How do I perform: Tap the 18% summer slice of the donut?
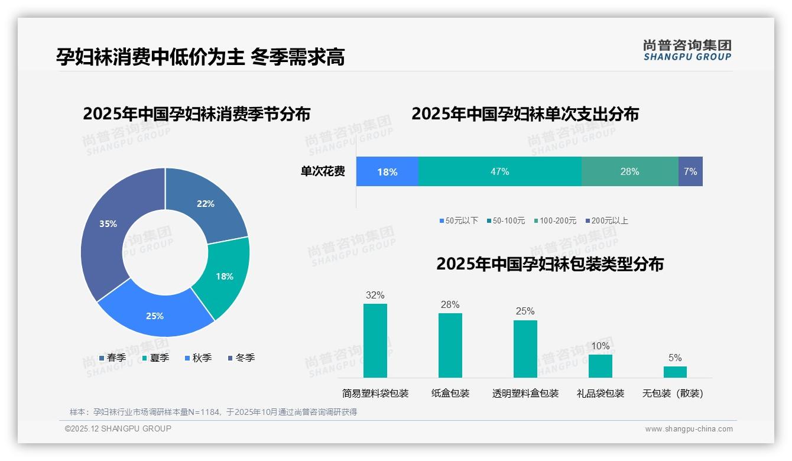click(223, 277)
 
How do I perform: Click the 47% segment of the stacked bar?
click(499, 171)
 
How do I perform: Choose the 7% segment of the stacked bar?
click(690, 171)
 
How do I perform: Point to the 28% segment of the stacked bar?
click(629, 171)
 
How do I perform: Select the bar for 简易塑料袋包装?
click(375, 340)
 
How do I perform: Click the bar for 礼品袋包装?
click(601, 366)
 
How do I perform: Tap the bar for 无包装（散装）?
click(675, 372)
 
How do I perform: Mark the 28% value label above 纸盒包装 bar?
click(450, 304)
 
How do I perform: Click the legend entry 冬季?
click(242, 358)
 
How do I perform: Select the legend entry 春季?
click(113, 358)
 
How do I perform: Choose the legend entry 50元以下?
click(459, 220)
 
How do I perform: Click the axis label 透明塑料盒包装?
click(525, 393)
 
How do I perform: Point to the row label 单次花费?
click(323, 171)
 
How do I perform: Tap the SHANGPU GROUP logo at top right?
click(687, 50)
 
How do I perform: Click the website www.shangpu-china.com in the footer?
click(689, 428)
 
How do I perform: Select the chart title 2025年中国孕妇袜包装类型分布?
click(550, 264)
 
